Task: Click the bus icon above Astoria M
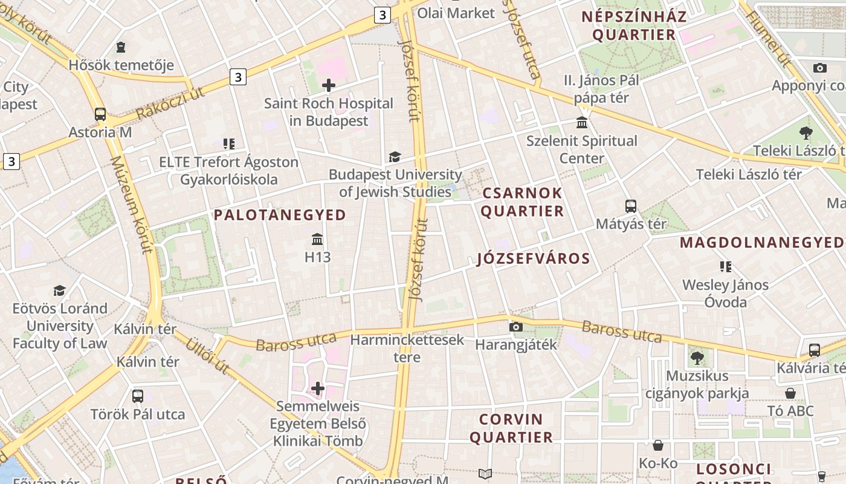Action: (x=100, y=114)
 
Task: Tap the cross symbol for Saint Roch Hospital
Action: (x=329, y=85)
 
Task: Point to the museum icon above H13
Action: (x=317, y=239)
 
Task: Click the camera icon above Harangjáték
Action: (x=515, y=327)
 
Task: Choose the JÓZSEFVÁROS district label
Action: (x=534, y=259)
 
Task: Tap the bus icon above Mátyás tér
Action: (x=631, y=206)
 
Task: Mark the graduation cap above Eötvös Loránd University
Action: (x=59, y=291)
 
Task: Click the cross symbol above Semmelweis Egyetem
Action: (x=318, y=388)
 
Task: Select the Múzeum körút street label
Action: (x=131, y=204)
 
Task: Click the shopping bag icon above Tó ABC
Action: (x=790, y=394)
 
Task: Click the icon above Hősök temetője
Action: (x=121, y=47)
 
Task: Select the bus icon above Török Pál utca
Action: (x=138, y=397)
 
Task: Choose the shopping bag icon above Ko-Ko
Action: (x=658, y=446)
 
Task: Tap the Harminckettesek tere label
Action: (x=407, y=348)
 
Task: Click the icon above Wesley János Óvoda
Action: (x=725, y=267)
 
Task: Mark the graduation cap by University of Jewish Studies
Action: (x=395, y=157)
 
